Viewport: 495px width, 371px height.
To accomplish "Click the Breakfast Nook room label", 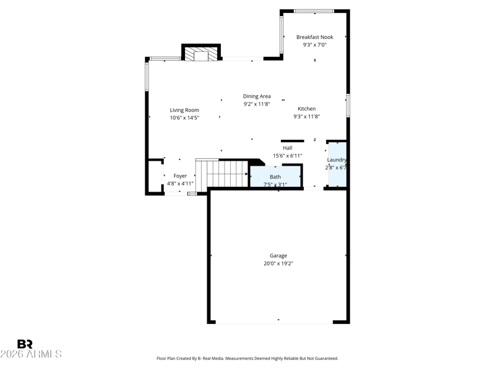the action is pos(315,37).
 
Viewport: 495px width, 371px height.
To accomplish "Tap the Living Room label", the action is pos(184,110).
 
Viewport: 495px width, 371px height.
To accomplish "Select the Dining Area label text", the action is pos(257,96).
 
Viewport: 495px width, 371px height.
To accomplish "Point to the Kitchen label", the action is pos(306,109).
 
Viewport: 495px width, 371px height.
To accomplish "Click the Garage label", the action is pos(278,256).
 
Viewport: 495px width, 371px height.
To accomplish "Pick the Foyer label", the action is pos(180,176).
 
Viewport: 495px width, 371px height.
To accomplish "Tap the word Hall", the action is pos(287,148).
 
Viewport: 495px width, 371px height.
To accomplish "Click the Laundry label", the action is pos(337,160).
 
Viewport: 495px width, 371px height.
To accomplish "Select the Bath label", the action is pos(275,177).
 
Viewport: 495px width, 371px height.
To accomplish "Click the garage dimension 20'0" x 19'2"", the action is pos(278,263).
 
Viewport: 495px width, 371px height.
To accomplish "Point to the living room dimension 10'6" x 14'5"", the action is pos(184,117).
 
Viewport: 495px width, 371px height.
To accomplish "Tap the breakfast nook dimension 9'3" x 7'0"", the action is pos(315,45).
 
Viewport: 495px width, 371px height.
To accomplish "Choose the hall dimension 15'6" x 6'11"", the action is pos(287,156).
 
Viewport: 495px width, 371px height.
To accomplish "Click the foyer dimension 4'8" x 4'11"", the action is pos(180,184).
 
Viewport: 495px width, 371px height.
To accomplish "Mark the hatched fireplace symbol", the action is pos(201,54).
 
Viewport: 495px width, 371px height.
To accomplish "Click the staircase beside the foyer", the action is pos(222,174).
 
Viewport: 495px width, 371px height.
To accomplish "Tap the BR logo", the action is pos(25,344).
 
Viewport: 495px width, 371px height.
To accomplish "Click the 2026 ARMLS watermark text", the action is pos(31,354).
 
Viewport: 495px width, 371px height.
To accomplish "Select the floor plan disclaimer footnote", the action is pos(247,359).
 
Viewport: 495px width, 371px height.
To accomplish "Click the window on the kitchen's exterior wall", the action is pos(348,105).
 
